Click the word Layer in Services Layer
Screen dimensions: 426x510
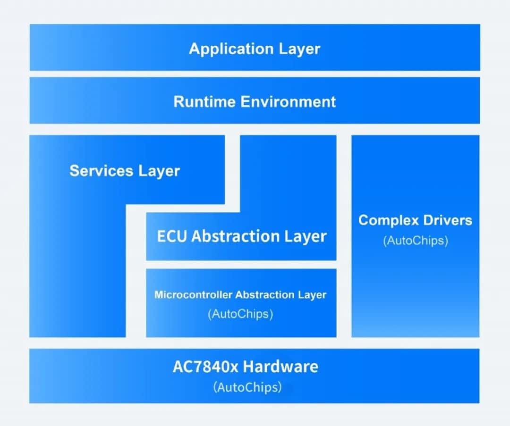click(159, 171)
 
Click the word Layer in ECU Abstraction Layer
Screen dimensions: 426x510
click(306, 236)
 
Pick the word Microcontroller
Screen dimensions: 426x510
click(193, 295)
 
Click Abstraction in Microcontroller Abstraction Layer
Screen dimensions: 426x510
click(265, 295)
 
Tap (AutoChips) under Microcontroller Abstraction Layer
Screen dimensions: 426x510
click(240, 314)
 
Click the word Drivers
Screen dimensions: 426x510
click(447, 220)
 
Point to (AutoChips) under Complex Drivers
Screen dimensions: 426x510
click(416, 240)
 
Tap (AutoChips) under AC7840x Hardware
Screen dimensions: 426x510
click(247, 387)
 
